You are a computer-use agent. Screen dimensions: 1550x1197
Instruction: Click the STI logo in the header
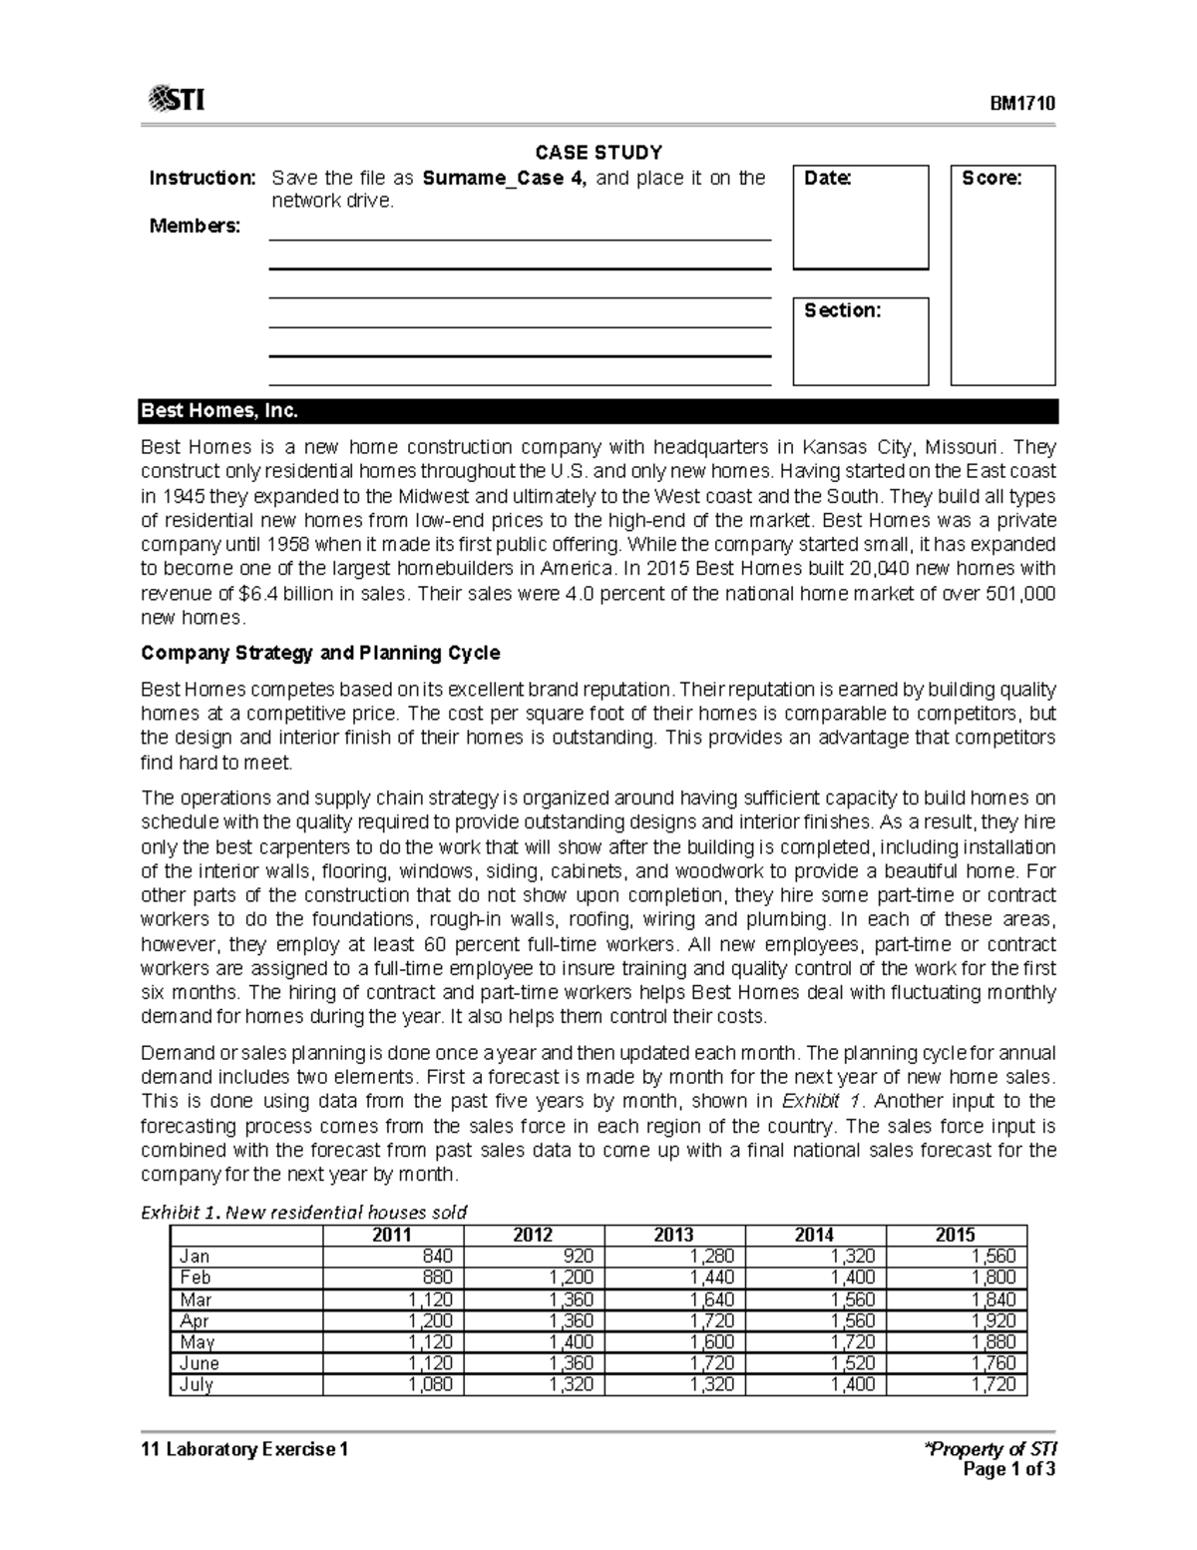(177, 101)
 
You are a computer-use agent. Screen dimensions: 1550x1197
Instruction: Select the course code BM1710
(1022, 105)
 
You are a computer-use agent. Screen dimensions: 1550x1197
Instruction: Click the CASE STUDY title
(598, 153)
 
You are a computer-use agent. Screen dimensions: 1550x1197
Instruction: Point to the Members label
(195, 227)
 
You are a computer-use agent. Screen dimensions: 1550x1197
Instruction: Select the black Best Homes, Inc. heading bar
(598, 411)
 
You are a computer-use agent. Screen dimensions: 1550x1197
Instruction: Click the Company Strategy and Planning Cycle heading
(320, 654)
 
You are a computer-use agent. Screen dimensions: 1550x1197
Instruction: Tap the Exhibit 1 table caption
(303, 1213)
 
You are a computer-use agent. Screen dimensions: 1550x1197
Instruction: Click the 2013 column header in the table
(673, 1235)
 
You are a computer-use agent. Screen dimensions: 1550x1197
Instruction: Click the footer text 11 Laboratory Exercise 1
(244, 1449)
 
